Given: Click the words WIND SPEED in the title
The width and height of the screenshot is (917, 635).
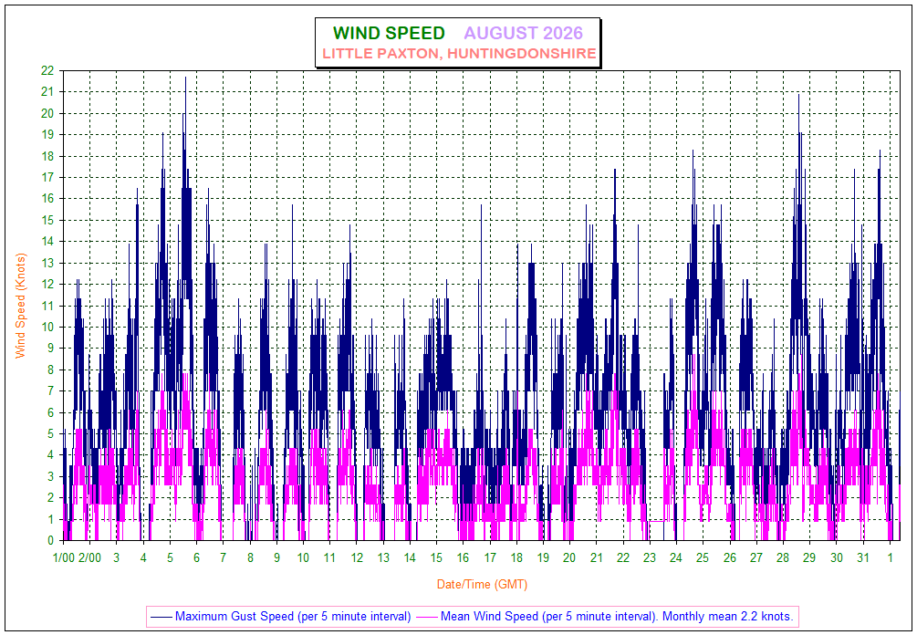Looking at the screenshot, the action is (x=389, y=34).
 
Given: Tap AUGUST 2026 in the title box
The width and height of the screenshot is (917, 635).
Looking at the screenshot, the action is (x=524, y=34).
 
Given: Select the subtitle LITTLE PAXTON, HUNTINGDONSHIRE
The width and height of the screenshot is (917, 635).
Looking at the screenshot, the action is (x=459, y=54).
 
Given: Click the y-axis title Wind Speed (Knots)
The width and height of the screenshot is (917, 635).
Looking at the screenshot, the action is (x=21, y=306).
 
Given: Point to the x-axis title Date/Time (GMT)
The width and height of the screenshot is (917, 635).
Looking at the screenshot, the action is (x=482, y=584).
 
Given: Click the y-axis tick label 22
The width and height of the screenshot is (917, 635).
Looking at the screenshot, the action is (x=47, y=71).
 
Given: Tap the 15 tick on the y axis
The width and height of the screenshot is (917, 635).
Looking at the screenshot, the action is (x=47, y=221).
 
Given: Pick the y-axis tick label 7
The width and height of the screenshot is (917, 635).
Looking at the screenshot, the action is (x=50, y=391).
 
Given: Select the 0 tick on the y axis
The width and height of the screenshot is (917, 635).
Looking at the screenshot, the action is (x=50, y=541).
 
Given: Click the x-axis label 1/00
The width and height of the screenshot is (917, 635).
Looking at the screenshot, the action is (x=64, y=557).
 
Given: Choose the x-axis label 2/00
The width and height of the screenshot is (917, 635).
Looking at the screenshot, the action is (x=89, y=557).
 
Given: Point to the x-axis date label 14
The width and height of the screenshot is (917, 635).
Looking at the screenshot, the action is (x=410, y=557).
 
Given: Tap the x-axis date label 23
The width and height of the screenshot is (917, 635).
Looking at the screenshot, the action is (x=650, y=557).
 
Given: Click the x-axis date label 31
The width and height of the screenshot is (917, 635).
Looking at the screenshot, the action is (x=863, y=557).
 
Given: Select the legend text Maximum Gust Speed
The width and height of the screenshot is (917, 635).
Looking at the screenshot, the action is (x=234, y=616).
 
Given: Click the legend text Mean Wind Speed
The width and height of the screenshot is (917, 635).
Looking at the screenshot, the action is (x=489, y=616).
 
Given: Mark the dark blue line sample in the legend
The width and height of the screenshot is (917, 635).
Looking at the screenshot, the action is (x=162, y=617).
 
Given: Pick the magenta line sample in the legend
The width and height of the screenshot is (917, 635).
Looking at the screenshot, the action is (x=427, y=617).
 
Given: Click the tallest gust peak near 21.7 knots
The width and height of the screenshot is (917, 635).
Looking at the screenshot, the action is (x=185, y=78).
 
